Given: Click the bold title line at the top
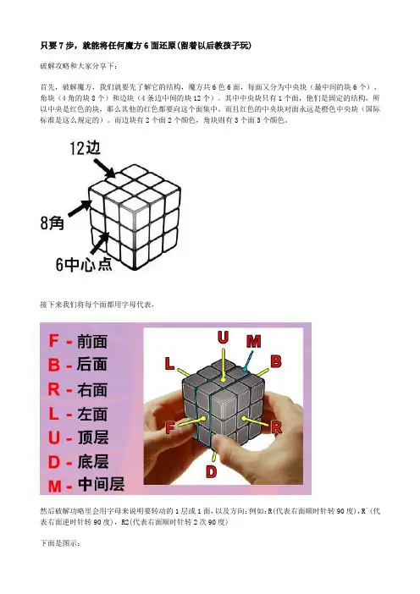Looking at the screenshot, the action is (146, 46).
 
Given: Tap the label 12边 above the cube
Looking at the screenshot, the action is (86, 148).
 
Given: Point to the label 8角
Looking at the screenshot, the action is (52, 223).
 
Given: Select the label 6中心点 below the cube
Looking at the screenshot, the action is (84, 264).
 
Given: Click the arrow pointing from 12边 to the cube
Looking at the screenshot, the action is (104, 168).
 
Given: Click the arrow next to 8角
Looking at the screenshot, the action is (80, 208).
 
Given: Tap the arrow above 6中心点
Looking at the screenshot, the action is (100, 243).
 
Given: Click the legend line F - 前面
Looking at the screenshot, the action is (78, 341).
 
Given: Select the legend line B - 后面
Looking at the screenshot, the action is (78, 365).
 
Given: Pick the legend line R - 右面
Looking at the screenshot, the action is (78, 389).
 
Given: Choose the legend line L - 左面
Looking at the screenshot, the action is (78, 414).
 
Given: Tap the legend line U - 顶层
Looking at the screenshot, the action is (79, 437).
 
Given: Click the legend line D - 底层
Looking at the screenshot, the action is (79, 462).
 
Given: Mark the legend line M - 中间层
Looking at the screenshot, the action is (86, 485).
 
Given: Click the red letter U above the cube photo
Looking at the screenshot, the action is (223, 337).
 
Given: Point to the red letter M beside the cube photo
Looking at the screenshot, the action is (253, 341).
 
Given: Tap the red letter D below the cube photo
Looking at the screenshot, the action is (211, 471).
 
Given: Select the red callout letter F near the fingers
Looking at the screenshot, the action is (170, 427).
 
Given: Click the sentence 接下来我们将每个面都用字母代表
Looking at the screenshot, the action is (97, 305).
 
